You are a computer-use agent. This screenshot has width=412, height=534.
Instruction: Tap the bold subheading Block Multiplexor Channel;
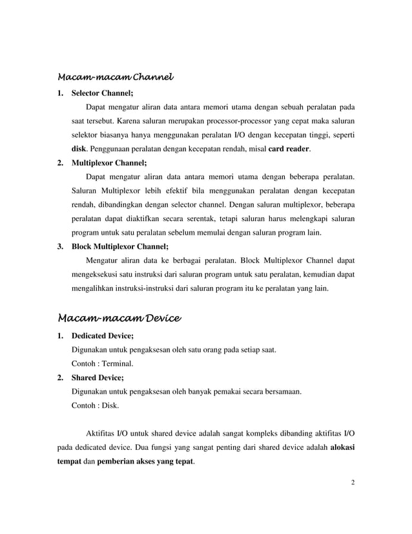click(x=119, y=246)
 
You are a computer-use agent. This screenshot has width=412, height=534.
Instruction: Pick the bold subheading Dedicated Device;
click(x=102, y=336)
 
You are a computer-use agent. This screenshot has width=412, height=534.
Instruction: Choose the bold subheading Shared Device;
click(x=97, y=378)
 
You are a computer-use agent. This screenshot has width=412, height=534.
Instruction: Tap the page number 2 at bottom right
click(x=353, y=481)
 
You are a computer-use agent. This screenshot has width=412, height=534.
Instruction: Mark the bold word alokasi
click(x=342, y=447)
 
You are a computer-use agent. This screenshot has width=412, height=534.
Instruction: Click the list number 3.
click(x=60, y=246)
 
